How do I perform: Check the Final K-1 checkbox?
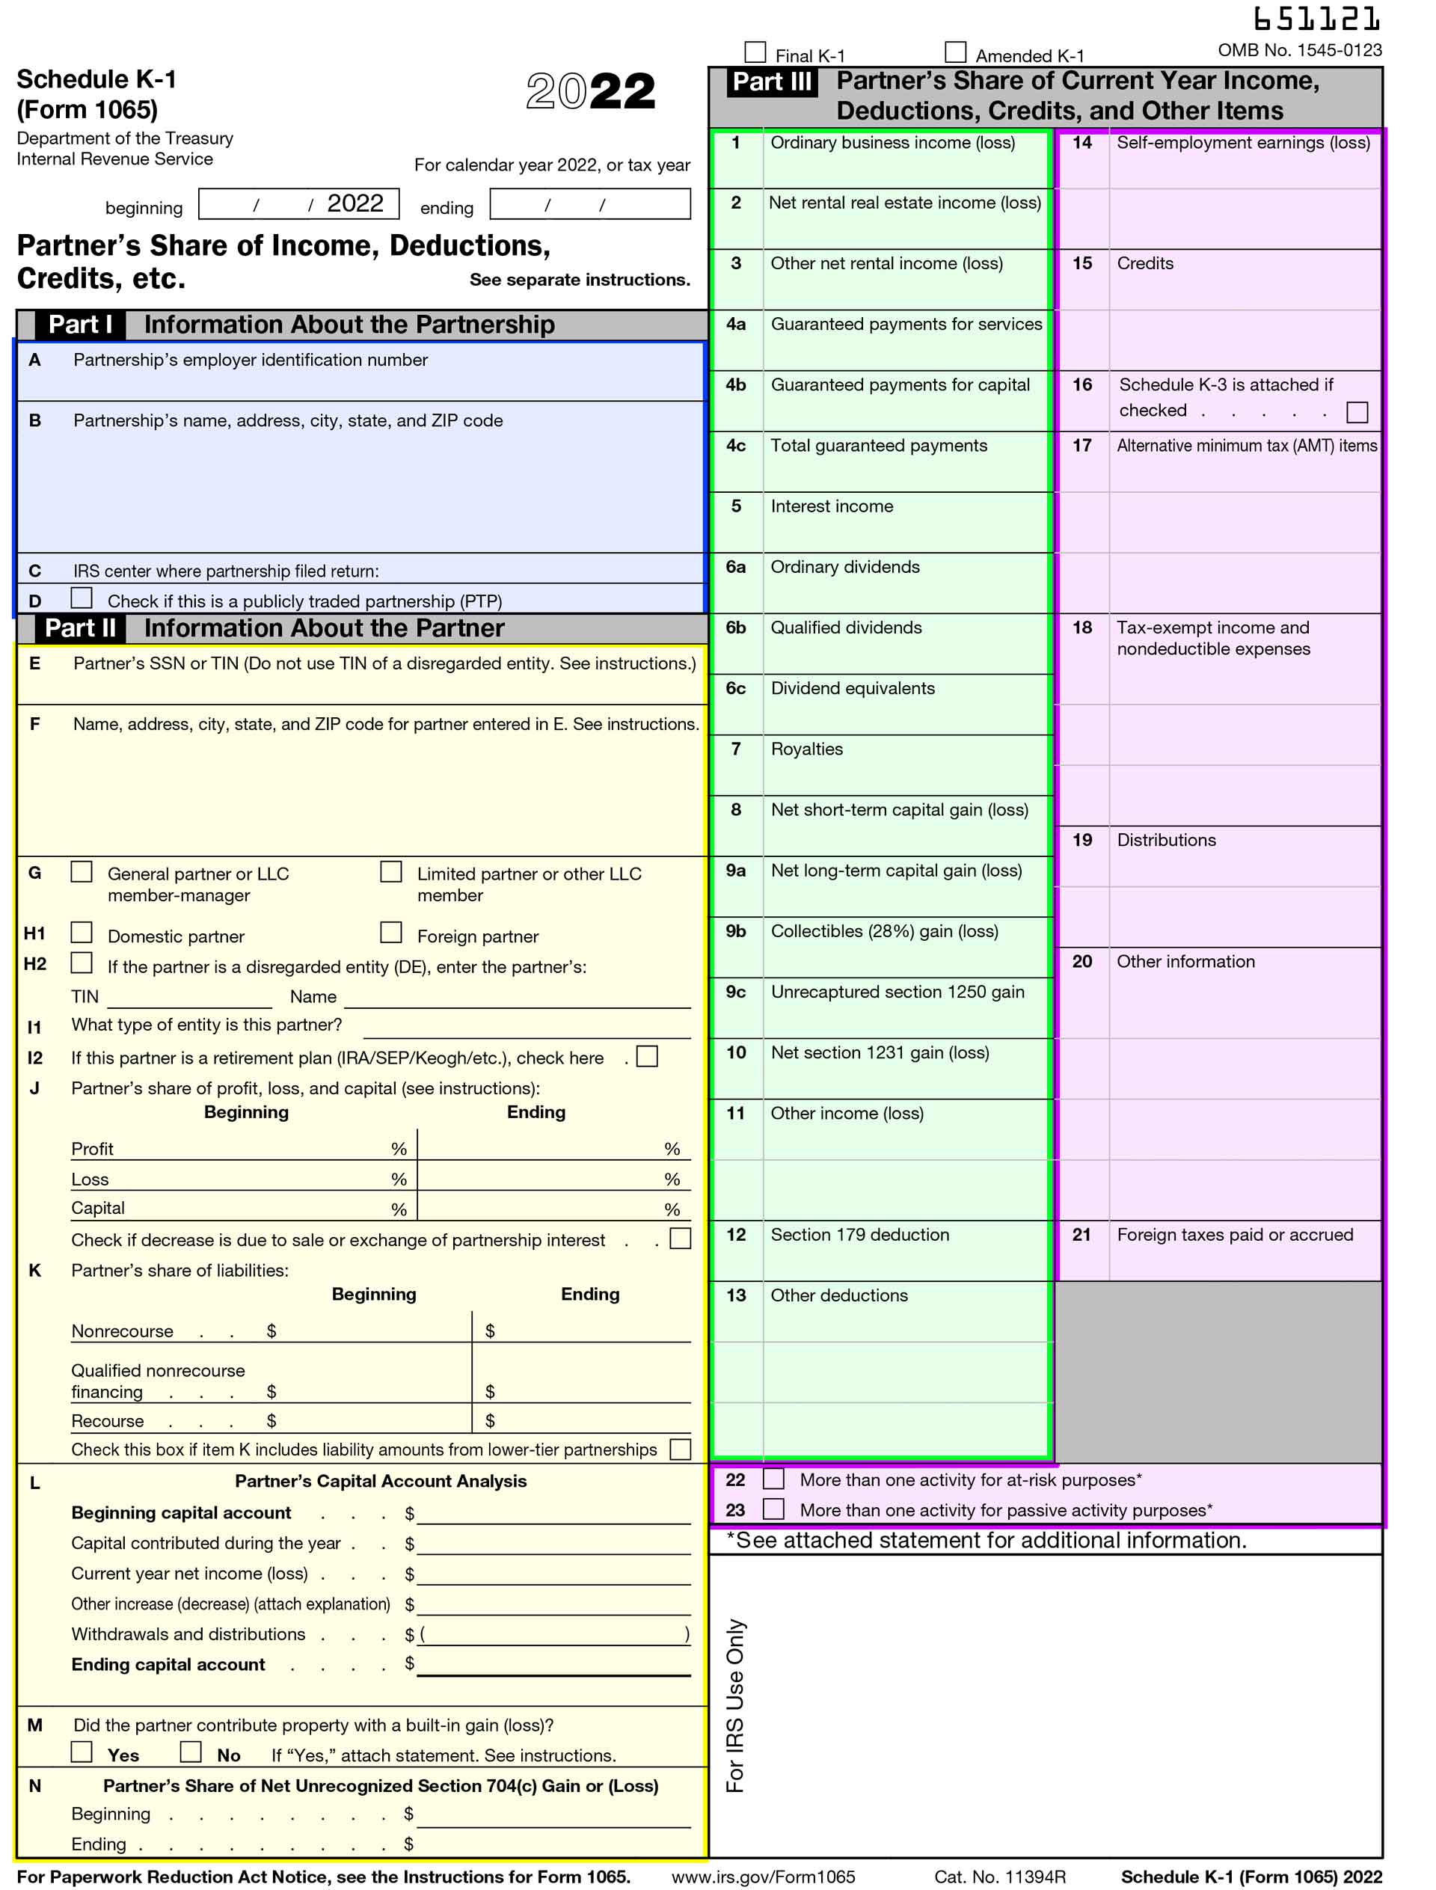[755, 52]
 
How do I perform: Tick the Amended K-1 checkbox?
[955, 52]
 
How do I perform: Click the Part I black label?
[79, 325]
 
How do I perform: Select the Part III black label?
[771, 82]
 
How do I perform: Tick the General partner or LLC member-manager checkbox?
[82, 871]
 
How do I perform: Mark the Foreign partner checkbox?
[390, 932]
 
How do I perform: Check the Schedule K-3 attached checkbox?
[1357, 412]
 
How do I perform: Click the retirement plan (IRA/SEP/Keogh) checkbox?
[647, 1058]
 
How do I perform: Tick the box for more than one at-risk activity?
[773, 1479]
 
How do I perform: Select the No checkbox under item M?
[191, 1752]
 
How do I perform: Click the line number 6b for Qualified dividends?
[735, 628]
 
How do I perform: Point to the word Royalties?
[806, 749]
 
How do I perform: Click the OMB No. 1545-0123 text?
[1299, 49]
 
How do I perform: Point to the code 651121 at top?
[1316, 18]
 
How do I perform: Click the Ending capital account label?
[168, 1664]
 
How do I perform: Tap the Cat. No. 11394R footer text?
[999, 1877]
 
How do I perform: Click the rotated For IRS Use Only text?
[735, 1705]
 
